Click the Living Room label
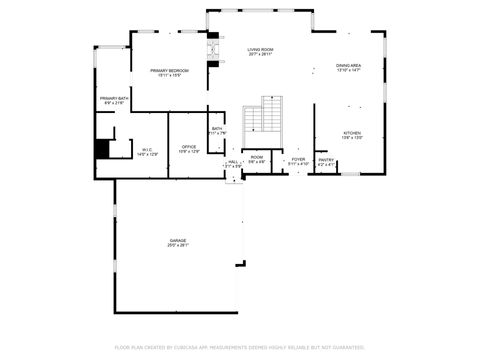pos(260,49)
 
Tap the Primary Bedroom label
pos(171,70)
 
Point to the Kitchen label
pos(352,133)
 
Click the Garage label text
pos(177,240)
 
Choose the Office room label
pos(188,147)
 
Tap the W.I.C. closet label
pos(146,149)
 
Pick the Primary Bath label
pos(112,98)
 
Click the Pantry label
pos(326,159)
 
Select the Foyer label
pos(298,159)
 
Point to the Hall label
pos(233,161)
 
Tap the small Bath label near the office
pos(217,128)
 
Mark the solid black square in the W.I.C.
pos(102,149)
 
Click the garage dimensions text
pos(177,246)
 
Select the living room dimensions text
pos(260,55)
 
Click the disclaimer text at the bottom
pos(240,347)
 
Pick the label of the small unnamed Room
pos(257,156)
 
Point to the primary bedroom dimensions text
pos(171,76)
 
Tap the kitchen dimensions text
pos(352,139)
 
